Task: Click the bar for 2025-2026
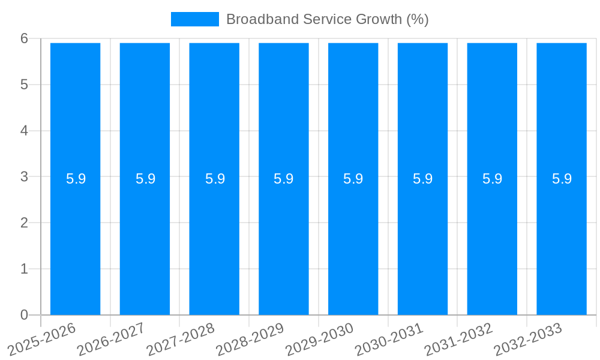75,240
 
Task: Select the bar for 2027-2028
214,240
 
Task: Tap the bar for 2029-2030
353,240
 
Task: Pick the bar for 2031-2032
492,240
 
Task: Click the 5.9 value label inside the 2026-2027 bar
145,179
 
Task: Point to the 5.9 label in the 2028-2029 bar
283,179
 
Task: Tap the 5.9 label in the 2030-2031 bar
422,179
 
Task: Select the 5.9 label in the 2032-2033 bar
562,179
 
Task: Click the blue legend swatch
194,19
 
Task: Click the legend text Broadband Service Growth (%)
327,19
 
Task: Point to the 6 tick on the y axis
25,38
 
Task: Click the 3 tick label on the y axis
25,176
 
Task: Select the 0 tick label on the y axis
25,315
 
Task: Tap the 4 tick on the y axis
25,130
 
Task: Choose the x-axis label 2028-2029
251,339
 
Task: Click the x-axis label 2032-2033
529,339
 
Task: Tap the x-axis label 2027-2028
181,339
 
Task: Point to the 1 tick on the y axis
25,269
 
